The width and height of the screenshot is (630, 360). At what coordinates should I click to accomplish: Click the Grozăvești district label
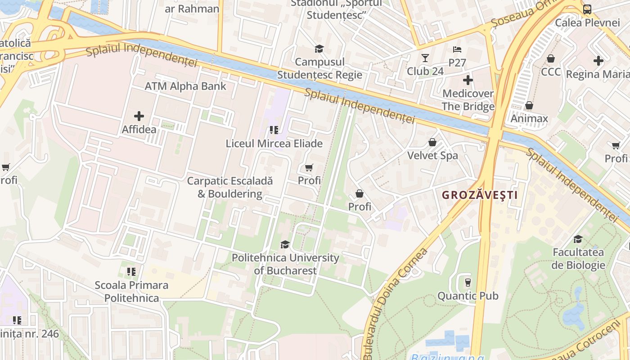[480, 195]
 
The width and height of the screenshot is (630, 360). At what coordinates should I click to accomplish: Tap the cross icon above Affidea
[139, 116]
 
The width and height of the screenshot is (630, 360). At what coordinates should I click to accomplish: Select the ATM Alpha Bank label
[185, 86]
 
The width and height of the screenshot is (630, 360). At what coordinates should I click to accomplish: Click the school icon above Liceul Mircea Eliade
[274, 130]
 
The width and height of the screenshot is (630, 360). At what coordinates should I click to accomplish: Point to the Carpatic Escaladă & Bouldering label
[230, 187]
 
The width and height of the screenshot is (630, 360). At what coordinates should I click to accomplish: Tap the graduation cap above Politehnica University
[285, 244]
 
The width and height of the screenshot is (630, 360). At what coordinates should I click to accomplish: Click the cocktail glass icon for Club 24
[425, 58]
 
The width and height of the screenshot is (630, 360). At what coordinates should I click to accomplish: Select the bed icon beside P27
[457, 49]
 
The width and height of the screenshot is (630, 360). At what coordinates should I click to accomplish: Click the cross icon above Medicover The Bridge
[468, 81]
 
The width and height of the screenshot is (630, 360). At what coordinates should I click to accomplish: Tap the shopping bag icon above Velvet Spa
[432, 142]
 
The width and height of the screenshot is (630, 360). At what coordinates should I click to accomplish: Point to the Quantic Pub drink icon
[468, 282]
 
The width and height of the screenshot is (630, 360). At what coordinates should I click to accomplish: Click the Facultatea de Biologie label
[578, 258]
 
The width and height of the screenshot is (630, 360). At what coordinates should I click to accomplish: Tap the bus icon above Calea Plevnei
[587, 9]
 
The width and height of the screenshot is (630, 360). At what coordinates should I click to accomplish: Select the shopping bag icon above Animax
[529, 105]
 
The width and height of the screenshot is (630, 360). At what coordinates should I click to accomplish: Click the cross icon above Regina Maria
[598, 60]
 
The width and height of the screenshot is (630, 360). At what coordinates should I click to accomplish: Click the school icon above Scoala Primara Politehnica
[131, 271]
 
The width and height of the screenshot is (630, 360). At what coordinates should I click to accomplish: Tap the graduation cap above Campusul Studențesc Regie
[319, 49]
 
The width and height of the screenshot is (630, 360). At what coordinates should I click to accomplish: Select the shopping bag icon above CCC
[550, 58]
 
